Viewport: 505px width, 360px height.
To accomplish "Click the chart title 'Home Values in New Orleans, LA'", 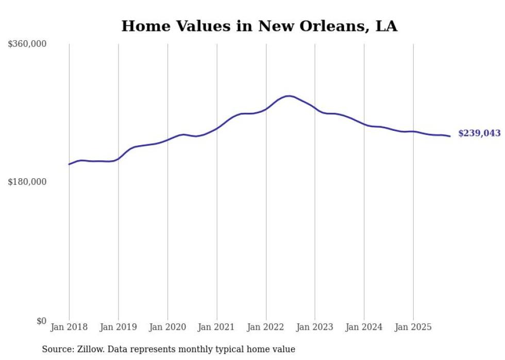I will tap(259, 26).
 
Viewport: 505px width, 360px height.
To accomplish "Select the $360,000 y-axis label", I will tap(27, 44).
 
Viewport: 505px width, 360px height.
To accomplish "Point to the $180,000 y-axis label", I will tap(27, 182).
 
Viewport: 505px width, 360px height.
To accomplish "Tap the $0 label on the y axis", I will tap(41, 321).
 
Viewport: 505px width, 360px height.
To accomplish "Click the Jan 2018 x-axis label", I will tap(69, 327).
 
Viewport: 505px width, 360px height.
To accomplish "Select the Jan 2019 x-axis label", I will tap(119, 327).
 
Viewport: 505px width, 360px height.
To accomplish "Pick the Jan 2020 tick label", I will tap(167, 327).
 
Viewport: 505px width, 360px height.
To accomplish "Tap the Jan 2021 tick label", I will tap(216, 327).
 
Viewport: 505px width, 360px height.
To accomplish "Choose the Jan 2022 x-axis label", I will tap(266, 327).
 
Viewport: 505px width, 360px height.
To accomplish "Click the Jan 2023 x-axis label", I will tap(315, 327).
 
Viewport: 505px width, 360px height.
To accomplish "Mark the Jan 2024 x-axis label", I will tap(364, 327).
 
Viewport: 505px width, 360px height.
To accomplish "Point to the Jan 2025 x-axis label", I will tap(413, 327).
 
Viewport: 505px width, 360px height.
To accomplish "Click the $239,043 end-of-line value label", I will tap(479, 133).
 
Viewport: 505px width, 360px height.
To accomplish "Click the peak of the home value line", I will tap(289, 96).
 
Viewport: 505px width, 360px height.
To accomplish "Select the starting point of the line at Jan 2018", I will tap(69, 164).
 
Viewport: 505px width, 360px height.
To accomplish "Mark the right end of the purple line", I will tap(450, 136).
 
